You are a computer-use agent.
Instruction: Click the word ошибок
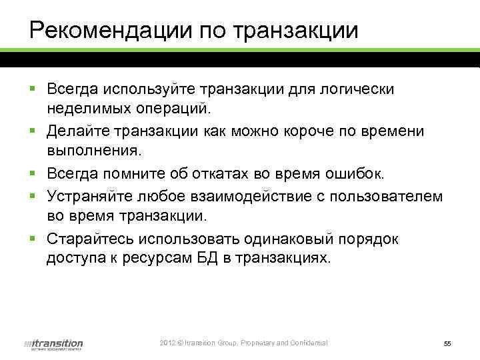click(359, 175)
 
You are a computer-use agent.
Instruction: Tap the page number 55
click(447, 343)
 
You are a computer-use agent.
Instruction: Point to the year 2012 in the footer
click(167, 343)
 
